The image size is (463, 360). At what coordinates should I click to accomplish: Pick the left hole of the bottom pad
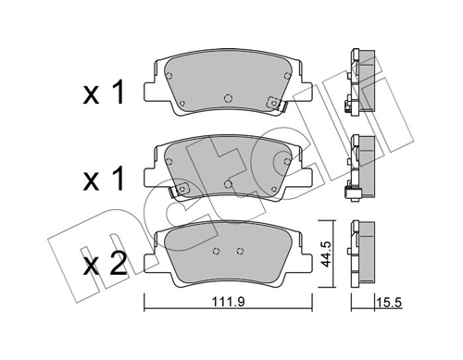pos(215,252)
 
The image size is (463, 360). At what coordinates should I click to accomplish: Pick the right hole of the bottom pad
pos(239,252)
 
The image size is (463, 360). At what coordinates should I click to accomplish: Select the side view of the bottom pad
pos(361,253)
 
